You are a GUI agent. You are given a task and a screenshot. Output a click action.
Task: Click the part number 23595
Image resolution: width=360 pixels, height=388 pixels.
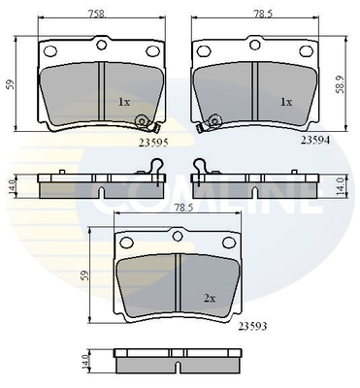click(x=153, y=143)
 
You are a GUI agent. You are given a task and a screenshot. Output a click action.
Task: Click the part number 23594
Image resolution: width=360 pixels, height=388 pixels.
click(x=315, y=140)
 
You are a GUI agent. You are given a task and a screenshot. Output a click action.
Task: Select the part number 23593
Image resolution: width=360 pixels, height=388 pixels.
click(x=252, y=327)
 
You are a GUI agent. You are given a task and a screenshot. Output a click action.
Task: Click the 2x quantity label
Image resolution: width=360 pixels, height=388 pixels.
click(x=210, y=299)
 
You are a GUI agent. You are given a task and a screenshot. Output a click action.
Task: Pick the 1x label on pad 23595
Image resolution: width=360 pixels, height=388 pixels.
click(x=124, y=103)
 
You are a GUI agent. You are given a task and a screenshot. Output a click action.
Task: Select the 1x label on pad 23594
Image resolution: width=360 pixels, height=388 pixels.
click(x=286, y=102)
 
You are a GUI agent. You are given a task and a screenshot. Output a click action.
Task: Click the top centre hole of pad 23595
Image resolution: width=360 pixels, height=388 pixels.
click(x=102, y=44)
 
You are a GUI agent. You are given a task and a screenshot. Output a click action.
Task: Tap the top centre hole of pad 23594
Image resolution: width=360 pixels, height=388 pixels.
click(x=255, y=44)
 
